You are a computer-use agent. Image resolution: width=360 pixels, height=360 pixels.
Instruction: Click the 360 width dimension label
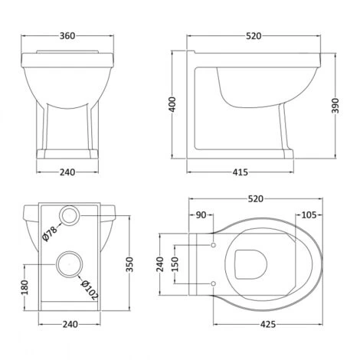tap(67, 36)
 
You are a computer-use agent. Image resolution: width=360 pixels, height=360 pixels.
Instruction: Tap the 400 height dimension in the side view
tap(173, 104)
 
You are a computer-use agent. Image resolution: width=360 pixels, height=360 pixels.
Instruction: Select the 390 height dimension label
tap(335, 106)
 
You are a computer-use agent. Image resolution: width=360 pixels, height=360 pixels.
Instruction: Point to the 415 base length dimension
tap(240, 172)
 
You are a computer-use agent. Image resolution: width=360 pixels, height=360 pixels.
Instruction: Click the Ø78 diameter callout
tap(50, 234)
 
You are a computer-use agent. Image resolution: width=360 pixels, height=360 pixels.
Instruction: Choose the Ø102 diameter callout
tap(90, 290)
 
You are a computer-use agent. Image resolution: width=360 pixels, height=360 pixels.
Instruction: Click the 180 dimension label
tap(25, 287)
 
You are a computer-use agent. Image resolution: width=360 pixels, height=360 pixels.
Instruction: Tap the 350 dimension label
tap(129, 264)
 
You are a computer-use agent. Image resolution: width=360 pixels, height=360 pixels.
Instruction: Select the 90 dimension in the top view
tap(201, 215)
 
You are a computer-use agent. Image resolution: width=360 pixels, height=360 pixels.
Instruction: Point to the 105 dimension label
tap(309, 215)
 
